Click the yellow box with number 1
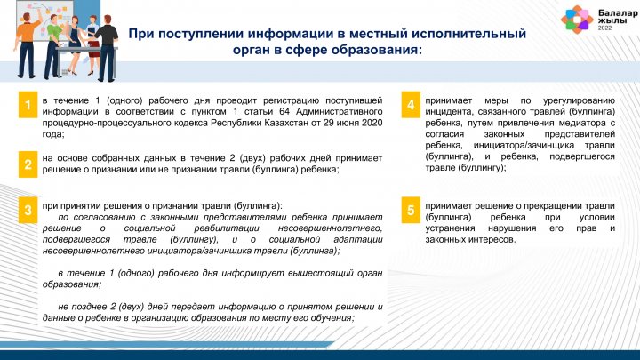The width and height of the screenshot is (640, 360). (x=28, y=105)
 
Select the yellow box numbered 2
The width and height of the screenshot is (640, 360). (x=28, y=164)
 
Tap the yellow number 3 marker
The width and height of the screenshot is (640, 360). (x=28, y=210)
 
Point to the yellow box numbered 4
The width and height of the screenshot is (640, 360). (x=411, y=105)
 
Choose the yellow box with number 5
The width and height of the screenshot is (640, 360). (x=411, y=210)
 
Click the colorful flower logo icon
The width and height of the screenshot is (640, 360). (x=577, y=19)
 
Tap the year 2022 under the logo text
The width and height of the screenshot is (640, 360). (x=605, y=28)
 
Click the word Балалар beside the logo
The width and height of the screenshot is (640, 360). (x=618, y=13)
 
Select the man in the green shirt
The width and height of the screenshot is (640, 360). (x=53, y=46)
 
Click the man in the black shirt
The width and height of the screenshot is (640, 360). (x=107, y=48)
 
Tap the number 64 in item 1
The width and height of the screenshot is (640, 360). (x=285, y=111)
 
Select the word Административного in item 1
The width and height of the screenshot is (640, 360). (x=340, y=111)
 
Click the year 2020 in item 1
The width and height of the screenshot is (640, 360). (x=372, y=123)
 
